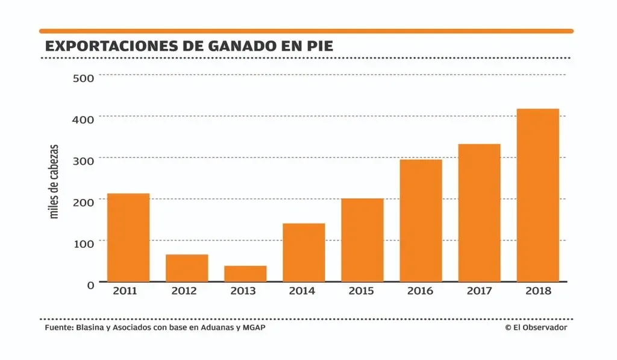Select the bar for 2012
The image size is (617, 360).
click(x=187, y=268)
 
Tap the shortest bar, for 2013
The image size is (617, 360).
click(x=245, y=273)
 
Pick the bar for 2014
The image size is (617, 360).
click(x=304, y=252)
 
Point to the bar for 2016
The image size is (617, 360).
click(x=421, y=220)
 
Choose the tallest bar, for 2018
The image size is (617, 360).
click(x=537, y=195)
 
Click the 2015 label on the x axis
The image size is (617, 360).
click(x=362, y=291)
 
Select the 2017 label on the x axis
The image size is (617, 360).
click(x=479, y=291)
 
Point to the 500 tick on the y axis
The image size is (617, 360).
click(x=84, y=78)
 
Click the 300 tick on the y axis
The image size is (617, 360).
click(x=84, y=160)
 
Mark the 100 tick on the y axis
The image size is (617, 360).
click(x=84, y=243)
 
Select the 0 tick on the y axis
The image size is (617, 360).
click(x=90, y=285)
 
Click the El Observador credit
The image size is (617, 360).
click(x=536, y=327)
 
